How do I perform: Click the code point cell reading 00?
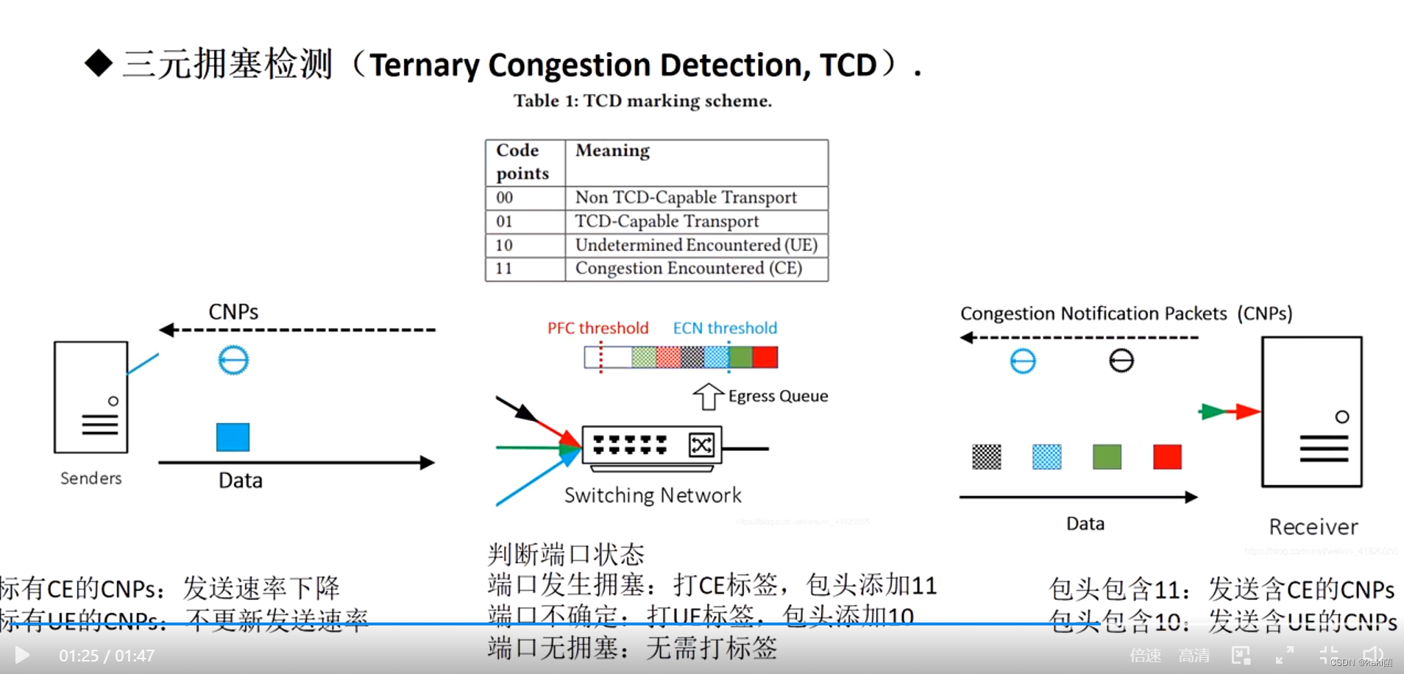[x=505, y=198]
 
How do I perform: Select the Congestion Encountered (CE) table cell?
[x=688, y=269]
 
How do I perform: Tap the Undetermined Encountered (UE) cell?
[x=695, y=245]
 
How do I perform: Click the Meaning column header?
[x=612, y=151]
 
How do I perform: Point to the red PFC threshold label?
[x=598, y=328]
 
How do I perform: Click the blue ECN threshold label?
[x=725, y=328]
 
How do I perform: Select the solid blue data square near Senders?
[x=233, y=437]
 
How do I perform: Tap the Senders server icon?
[x=91, y=397]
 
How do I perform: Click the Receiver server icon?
[x=1312, y=412]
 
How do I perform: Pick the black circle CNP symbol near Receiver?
[x=1121, y=361]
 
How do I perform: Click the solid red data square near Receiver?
[x=1167, y=457]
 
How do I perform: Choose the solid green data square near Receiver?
[x=1107, y=457]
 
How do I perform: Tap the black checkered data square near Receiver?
[x=987, y=457]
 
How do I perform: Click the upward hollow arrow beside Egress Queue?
[x=708, y=397]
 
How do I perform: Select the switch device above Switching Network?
[x=651, y=445]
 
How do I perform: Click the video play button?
[x=22, y=655]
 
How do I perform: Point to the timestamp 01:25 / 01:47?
[x=107, y=656]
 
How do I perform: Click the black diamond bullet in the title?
[x=99, y=63]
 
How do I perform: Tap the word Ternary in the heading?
[x=425, y=65]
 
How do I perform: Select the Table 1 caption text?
[x=642, y=101]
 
